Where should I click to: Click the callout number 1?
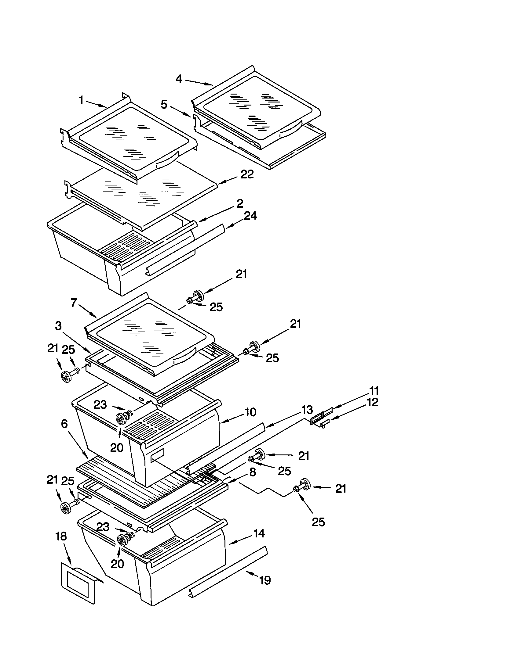[81, 100]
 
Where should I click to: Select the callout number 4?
[179, 79]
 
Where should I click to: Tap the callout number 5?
[164, 104]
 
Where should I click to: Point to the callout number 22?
[247, 174]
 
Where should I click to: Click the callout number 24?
[250, 216]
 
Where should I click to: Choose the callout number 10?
[251, 412]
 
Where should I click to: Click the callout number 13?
[307, 409]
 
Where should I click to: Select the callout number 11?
[374, 391]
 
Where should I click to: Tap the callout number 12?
[373, 402]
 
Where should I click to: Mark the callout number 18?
[61, 536]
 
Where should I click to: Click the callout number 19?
[265, 580]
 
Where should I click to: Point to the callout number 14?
[259, 533]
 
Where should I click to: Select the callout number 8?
[253, 472]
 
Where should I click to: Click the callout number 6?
[64, 424]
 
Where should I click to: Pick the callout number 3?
[58, 326]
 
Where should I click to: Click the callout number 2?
[240, 203]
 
